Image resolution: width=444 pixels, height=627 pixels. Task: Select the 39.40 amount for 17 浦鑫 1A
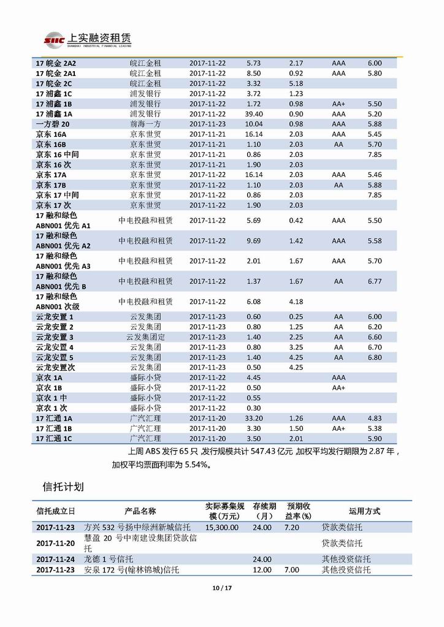pyautogui.click(x=253, y=114)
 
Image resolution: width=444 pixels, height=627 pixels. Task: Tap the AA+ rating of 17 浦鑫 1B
pyautogui.click(x=339, y=104)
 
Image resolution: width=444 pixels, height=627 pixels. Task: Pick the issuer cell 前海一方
pyautogui.click(x=145, y=124)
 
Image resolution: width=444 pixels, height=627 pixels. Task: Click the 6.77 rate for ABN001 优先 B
pyautogui.click(x=374, y=281)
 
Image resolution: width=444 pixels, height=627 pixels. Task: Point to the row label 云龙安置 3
pyautogui.click(x=55, y=337)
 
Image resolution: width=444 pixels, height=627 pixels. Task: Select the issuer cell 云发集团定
pyautogui.click(x=145, y=337)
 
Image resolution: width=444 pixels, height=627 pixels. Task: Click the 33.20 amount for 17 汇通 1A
pyautogui.click(x=253, y=418)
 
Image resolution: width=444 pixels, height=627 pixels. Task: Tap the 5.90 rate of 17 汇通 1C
pyautogui.click(x=374, y=439)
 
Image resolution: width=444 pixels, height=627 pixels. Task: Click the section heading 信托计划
pyautogui.click(x=63, y=487)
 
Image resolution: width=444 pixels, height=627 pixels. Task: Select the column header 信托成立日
pyautogui.click(x=56, y=511)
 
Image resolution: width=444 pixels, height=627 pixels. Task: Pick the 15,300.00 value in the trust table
pyautogui.click(x=222, y=527)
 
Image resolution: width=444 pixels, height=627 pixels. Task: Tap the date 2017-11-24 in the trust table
pyautogui.click(x=56, y=559)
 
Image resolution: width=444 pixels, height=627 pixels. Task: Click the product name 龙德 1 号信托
pyautogui.click(x=109, y=559)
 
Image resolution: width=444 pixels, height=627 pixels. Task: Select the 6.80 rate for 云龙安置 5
pyautogui.click(x=374, y=357)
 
